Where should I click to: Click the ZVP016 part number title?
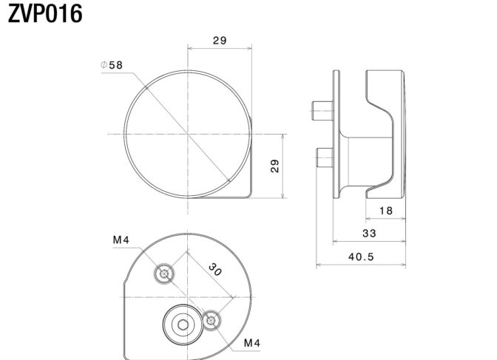click(45, 14)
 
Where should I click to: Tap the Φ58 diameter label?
click(112, 65)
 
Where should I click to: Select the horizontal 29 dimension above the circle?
click(220, 41)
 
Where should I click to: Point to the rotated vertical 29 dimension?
click(275, 166)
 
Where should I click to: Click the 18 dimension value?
click(386, 211)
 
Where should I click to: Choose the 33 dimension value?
click(369, 234)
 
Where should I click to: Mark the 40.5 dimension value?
click(361, 257)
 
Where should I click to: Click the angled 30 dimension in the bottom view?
click(215, 270)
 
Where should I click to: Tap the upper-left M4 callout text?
click(121, 240)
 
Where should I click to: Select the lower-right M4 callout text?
click(252, 343)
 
